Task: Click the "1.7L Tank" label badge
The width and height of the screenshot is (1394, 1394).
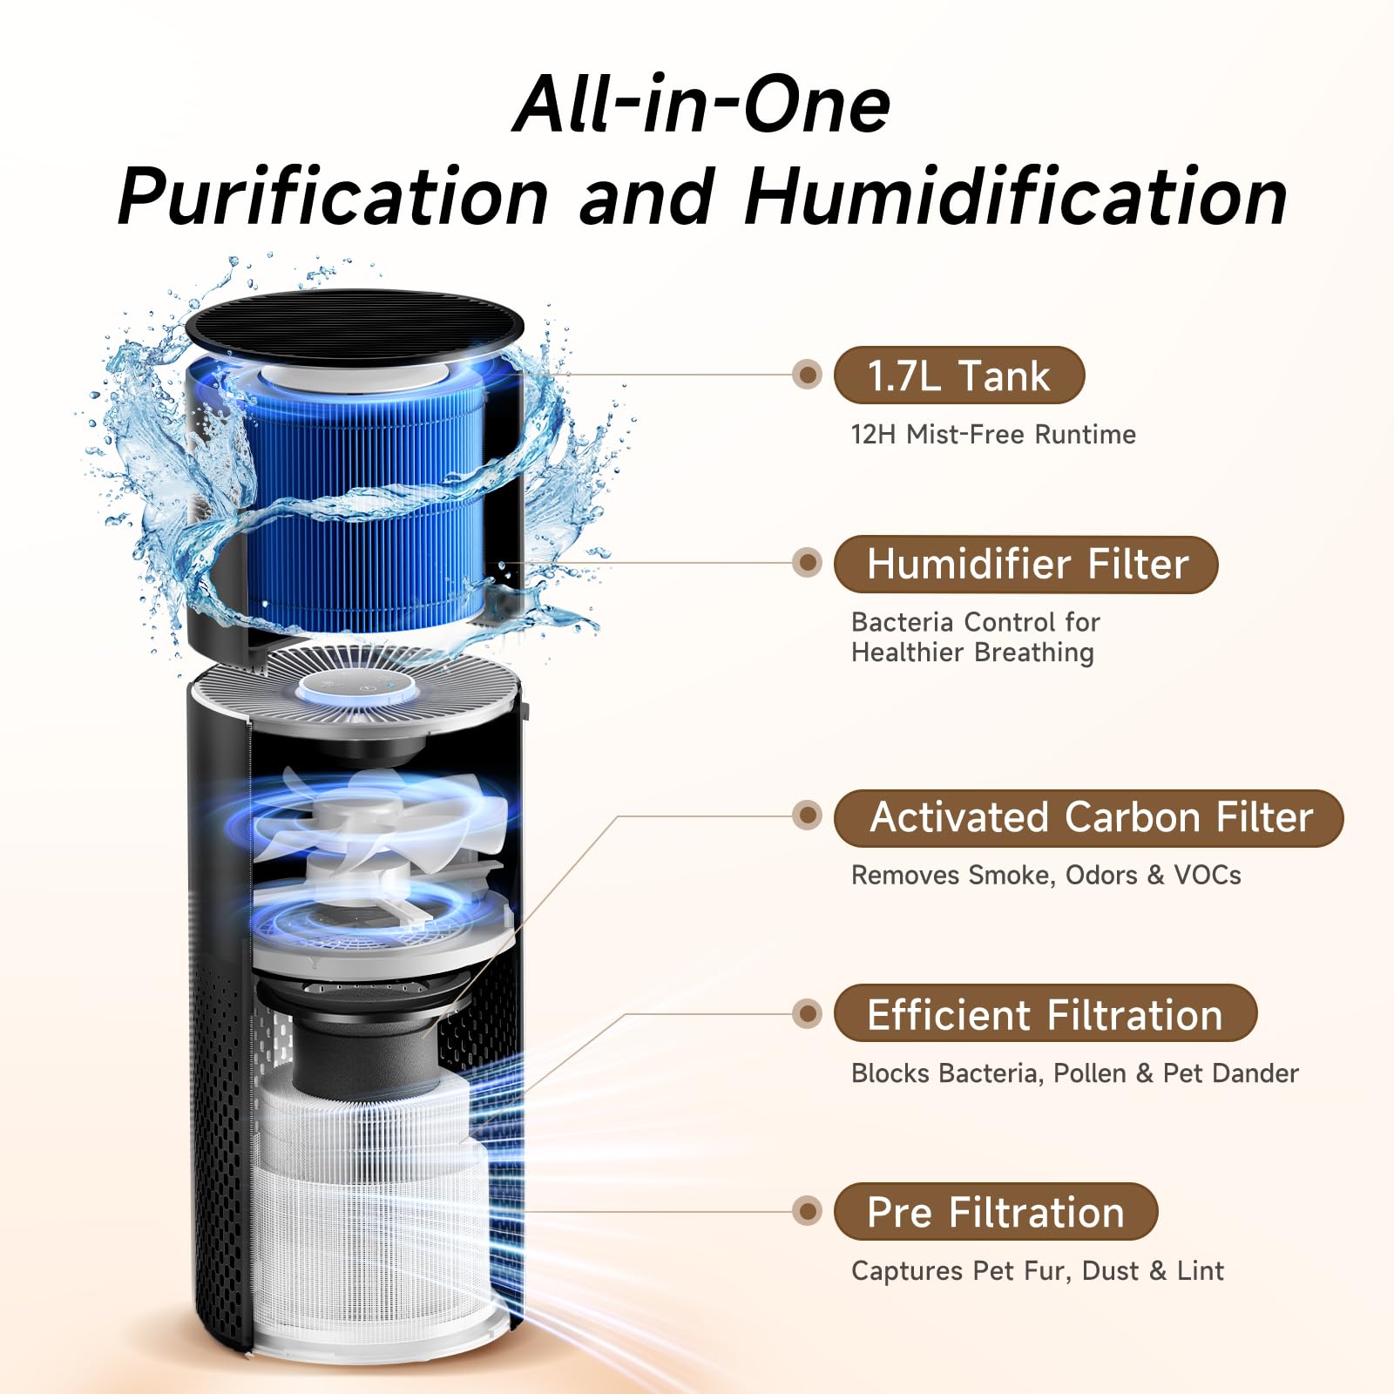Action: tap(959, 376)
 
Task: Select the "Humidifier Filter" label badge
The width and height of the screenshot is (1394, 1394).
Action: tap(1025, 565)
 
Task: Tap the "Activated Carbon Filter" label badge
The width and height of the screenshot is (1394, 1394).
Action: tap(1089, 818)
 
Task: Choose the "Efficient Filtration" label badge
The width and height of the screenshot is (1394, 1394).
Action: tap(1045, 1013)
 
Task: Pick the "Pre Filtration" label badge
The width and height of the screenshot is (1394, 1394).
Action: tap(996, 1212)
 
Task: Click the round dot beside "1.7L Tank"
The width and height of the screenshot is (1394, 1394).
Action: tap(808, 375)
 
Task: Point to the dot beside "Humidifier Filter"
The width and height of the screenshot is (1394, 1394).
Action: tap(808, 563)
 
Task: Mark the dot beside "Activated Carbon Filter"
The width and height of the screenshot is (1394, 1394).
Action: tap(808, 815)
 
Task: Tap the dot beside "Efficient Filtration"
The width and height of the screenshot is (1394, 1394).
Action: tap(808, 1013)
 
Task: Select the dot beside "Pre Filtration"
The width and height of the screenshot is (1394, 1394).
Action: tap(808, 1211)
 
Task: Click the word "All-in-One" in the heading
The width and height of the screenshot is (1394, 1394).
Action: tap(702, 105)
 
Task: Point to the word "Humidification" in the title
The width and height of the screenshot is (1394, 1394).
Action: tap(1016, 197)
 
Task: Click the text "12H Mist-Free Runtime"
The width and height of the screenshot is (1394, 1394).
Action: tap(993, 434)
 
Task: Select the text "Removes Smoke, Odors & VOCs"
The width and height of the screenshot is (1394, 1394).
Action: tap(1045, 875)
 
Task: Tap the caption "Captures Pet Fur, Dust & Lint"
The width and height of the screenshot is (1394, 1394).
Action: tap(1038, 1271)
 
